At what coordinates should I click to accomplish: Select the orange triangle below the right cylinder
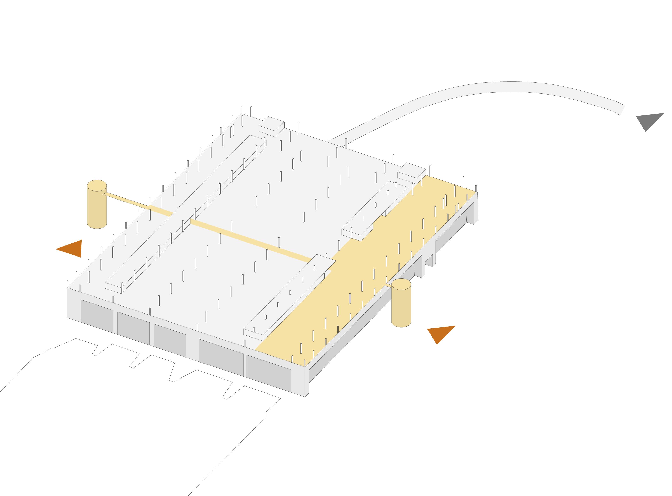pos(440,333)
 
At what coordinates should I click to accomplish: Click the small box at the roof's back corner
pos(271,126)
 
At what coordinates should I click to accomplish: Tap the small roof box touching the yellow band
pos(411,173)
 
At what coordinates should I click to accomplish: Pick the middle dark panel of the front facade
pos(170,340)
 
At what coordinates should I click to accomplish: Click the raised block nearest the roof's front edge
pos(288,297)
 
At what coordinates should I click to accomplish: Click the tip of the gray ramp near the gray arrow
pos(621,111)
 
